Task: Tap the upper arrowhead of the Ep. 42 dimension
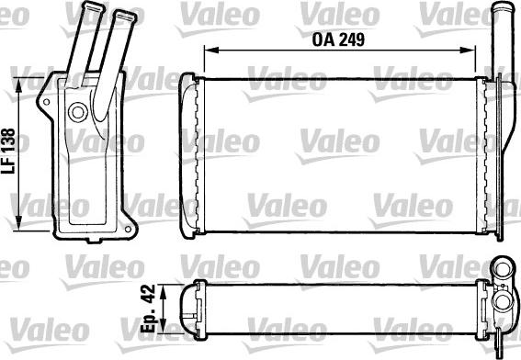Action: [162, 287]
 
